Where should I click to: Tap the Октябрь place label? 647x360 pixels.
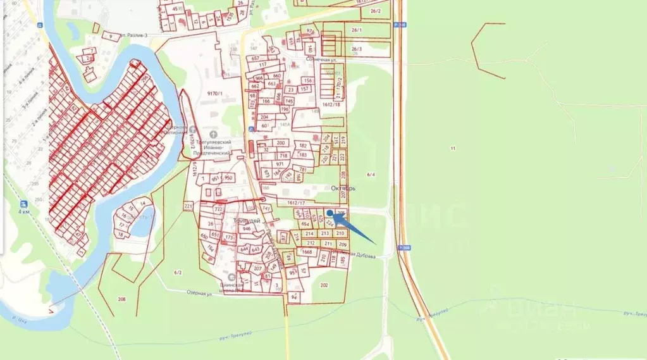pos(344,189)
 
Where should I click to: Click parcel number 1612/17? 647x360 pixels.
pos(296,202)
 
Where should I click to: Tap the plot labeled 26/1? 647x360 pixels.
pos(356,30)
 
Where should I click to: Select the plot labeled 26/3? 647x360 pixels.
pos(356,49)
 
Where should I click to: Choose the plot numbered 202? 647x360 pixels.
pos(324,285)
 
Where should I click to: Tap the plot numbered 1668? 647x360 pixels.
pos(307,252)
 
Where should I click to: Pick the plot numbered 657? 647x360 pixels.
pos(256,58)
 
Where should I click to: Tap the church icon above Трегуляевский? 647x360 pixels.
pos(213,134)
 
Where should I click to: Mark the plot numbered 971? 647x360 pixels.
pos(280,164)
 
